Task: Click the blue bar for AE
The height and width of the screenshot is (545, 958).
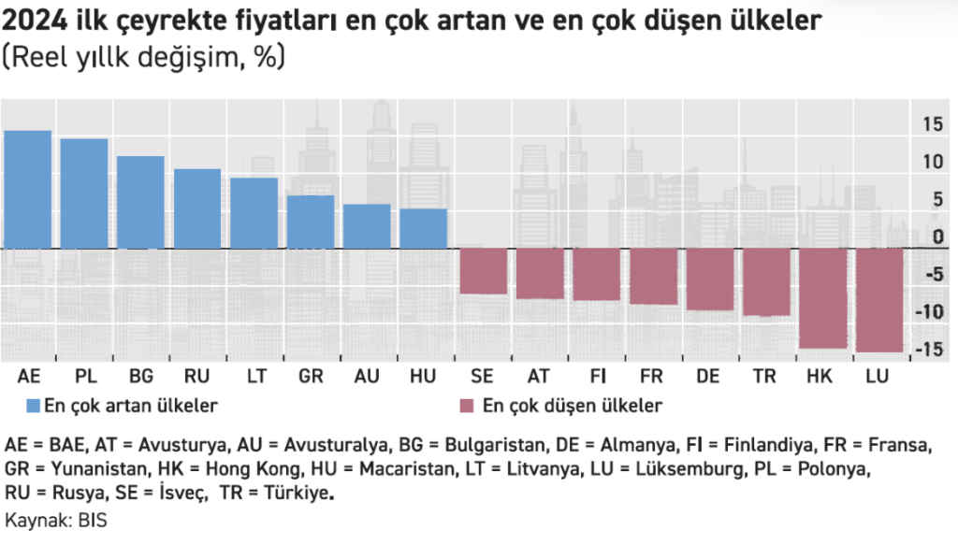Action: point(28,189)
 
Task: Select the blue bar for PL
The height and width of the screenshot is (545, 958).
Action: point(84,194)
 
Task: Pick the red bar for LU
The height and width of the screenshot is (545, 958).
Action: point(879,300)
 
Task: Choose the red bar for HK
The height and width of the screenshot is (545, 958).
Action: point(822,298)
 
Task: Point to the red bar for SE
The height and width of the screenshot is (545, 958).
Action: point(483,271)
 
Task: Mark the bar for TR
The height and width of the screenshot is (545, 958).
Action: point(766,281)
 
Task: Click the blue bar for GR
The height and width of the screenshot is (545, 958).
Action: point(310,222)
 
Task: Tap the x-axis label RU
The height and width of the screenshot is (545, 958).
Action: point(197,377)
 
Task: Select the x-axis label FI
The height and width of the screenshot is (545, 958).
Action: point(596,377)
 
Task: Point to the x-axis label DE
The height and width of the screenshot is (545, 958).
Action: point(709,377)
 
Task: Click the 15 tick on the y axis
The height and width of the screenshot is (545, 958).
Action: point(932,123)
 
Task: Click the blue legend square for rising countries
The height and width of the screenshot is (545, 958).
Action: point(33,406)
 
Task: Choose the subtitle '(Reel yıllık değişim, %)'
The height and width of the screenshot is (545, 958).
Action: point(145,57)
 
